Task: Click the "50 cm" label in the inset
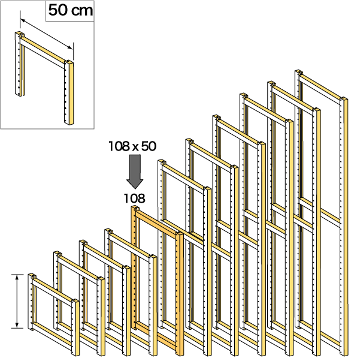(71, 10)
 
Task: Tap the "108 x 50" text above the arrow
(132, 146)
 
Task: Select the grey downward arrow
(135, 172)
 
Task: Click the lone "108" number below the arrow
(135, 198)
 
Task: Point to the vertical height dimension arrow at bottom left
(17, 302)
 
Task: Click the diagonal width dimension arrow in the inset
(46, 34)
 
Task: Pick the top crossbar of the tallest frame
(320, 88)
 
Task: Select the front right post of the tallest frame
(344, 227)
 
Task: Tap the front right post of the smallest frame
(75, 328)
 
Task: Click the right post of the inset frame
(69, 92)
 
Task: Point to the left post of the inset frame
(19, 64)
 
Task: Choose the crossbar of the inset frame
(43, 50)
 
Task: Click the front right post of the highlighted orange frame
(180, 294)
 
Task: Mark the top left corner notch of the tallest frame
(298, 72)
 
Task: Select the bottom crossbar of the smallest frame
(52, 336)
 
